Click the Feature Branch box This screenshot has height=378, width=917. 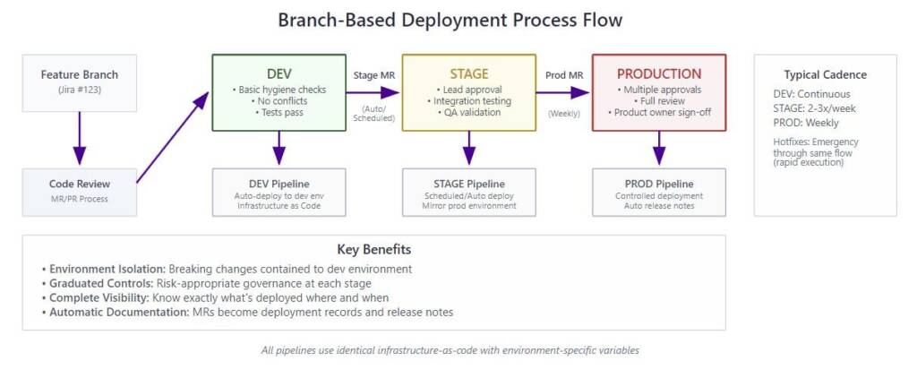coord(80,83)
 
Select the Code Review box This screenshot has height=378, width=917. coord(80,192)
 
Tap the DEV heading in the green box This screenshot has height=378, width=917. coord(279,73)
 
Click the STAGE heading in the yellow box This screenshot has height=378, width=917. coord(469,73)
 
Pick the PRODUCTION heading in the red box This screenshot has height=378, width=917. coord(659,73)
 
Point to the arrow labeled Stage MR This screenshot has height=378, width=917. coord(373,92)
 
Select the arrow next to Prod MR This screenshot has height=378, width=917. coord(562,92)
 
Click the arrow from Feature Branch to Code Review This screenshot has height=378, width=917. coord(80,138)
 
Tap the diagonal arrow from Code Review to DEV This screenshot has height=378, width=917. coord(173,137)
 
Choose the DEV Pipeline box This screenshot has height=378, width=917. coord(279,193)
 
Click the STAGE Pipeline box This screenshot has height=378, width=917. coord(469,193)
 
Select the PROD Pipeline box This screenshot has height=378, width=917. coord(659,193)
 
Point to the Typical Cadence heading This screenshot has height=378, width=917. coord(825,75)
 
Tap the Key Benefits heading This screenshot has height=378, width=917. coord(373,250)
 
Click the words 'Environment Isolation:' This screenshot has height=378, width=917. coord(108,269)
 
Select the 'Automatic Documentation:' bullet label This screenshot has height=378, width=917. coord(119,313)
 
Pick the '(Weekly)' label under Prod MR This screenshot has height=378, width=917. coord(564,114)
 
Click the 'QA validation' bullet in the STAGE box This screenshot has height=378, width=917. coord(469,112)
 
